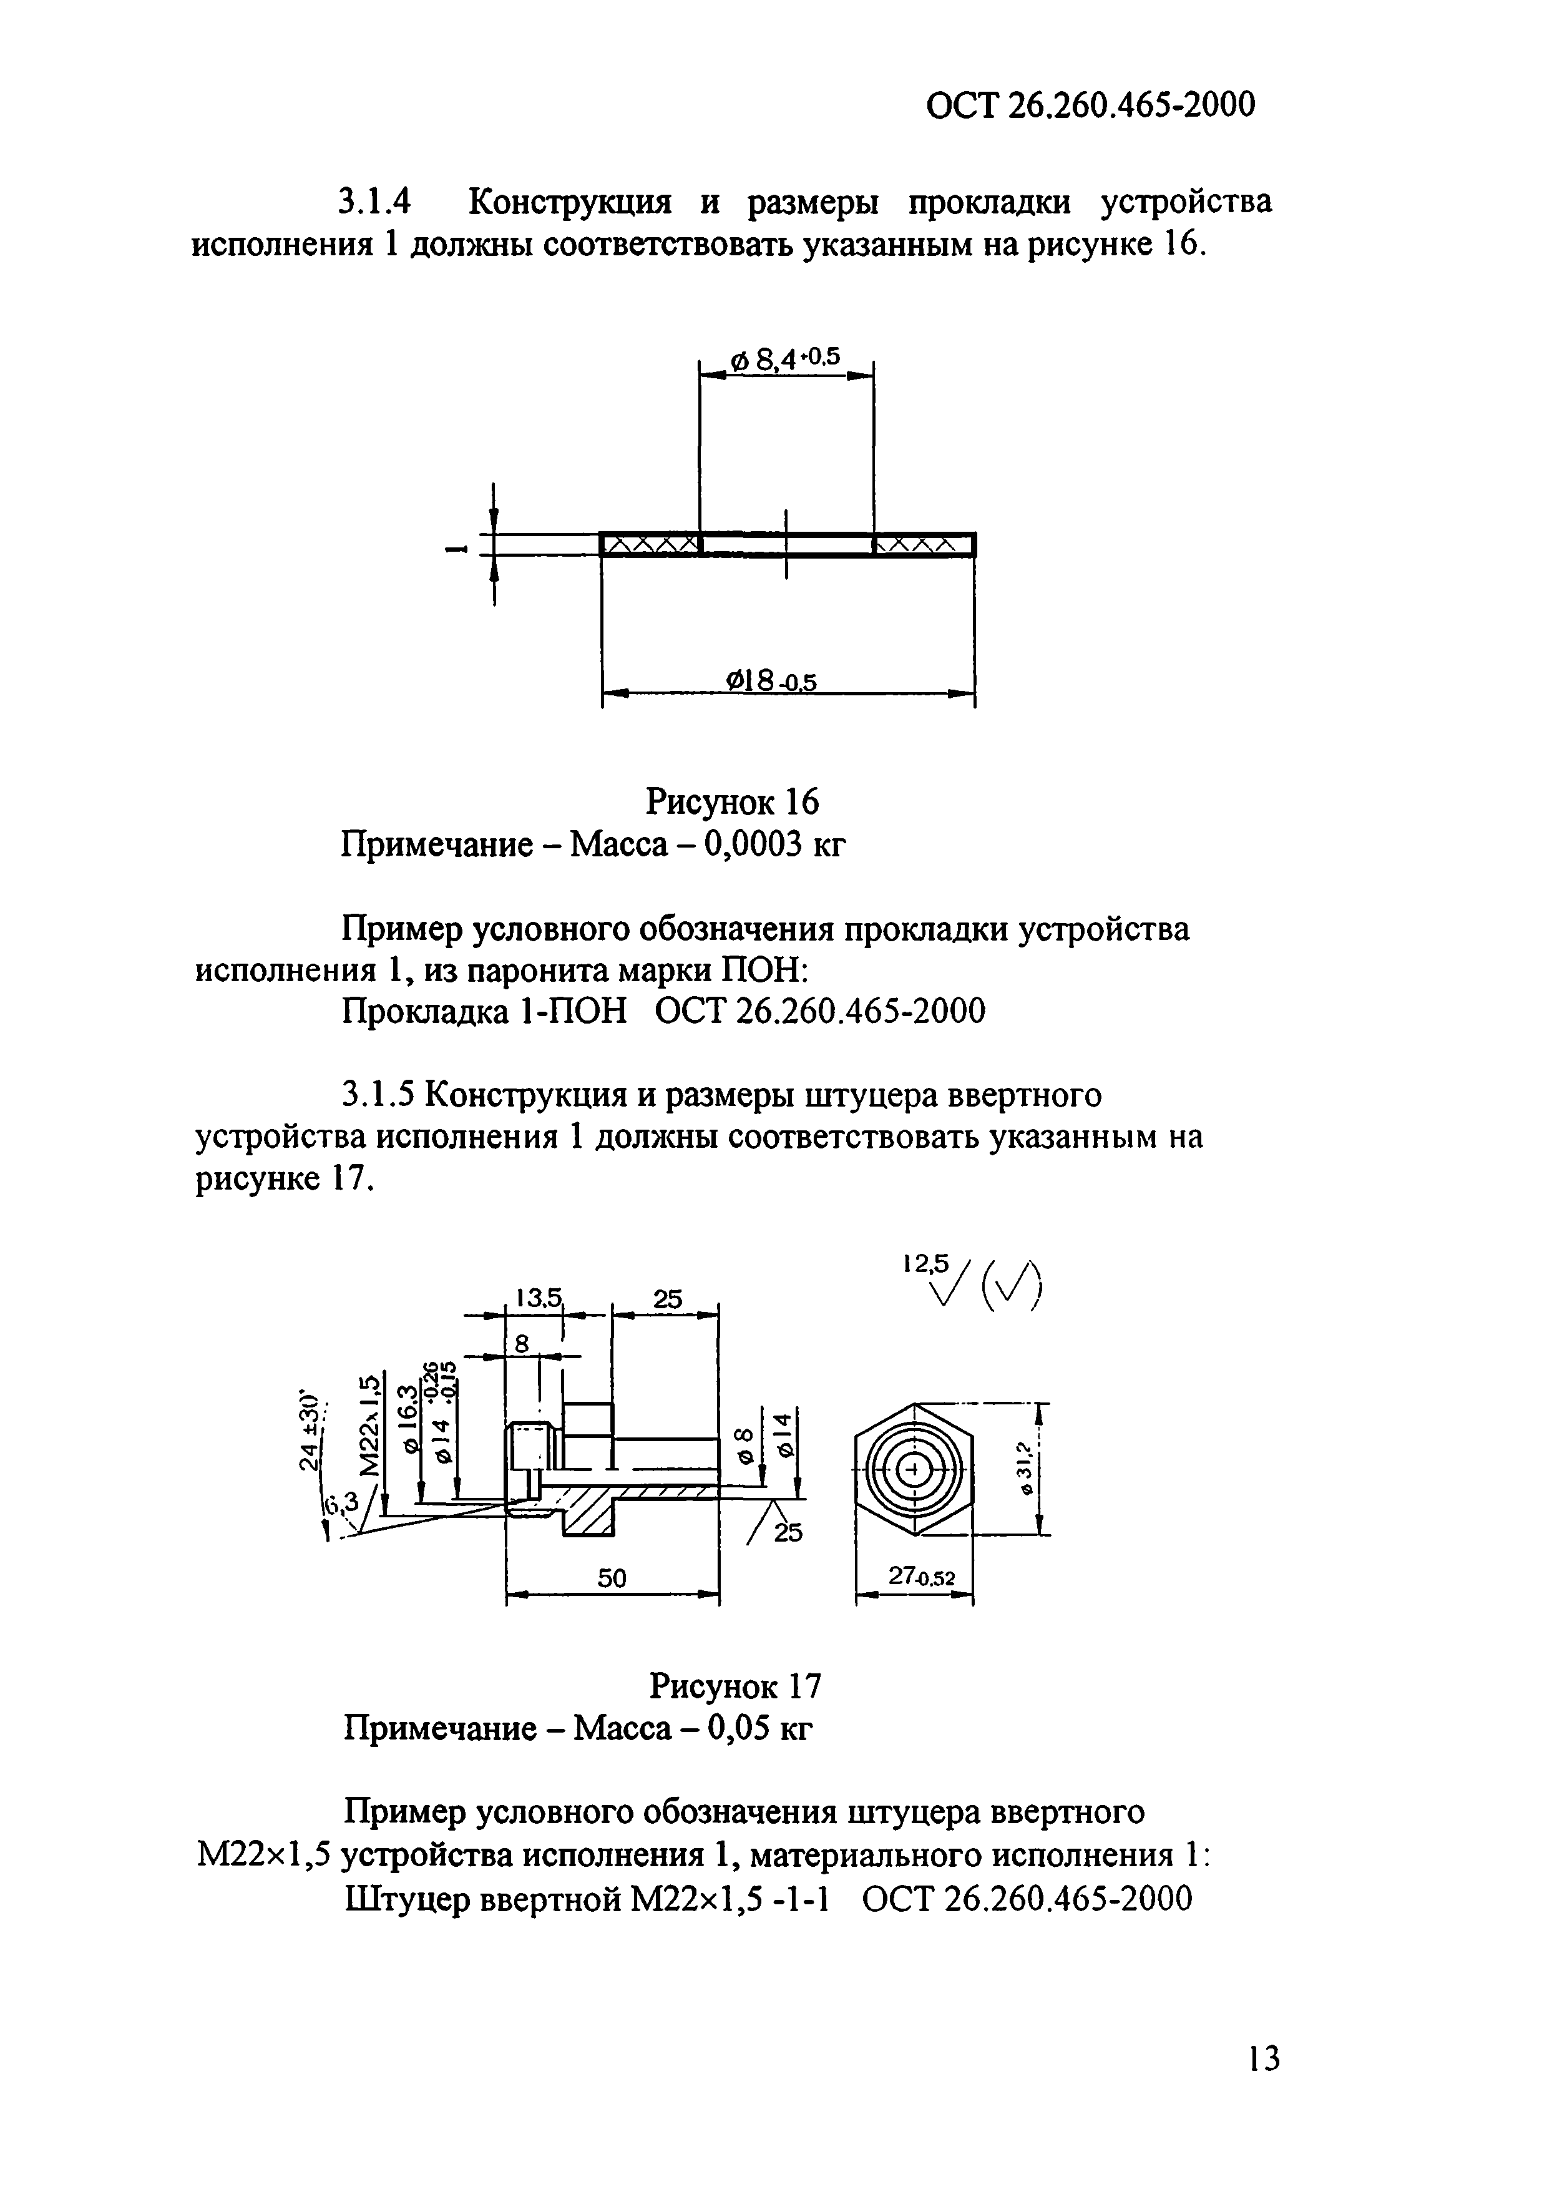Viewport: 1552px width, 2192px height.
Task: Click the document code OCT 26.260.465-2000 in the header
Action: coord(1090,104)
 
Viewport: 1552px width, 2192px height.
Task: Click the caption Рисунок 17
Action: coord(735,1686)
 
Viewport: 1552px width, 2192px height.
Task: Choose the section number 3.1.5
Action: coord(378,1095)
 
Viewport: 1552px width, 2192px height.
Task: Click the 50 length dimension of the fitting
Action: coord(612,1580)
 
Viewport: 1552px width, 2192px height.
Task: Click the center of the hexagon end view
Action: coord(915,1469)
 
